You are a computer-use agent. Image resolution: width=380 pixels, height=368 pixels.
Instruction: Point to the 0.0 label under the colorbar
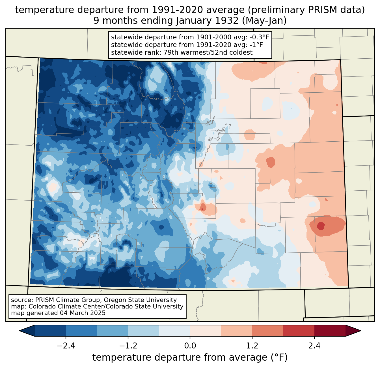190,346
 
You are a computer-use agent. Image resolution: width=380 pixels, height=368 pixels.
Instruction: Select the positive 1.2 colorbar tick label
252,346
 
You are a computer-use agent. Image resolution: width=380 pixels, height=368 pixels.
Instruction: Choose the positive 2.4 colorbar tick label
314,346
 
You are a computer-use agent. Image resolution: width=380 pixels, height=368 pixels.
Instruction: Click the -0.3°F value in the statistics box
257,37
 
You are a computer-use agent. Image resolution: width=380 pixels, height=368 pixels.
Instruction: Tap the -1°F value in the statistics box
256,45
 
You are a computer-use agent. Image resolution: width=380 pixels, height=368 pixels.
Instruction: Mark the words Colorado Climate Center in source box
61,307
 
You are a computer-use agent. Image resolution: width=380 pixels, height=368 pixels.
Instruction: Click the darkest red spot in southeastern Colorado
321,226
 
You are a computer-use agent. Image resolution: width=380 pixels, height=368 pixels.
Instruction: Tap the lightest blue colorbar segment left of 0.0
174,331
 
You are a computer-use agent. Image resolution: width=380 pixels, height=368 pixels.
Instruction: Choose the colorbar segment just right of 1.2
267,331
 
